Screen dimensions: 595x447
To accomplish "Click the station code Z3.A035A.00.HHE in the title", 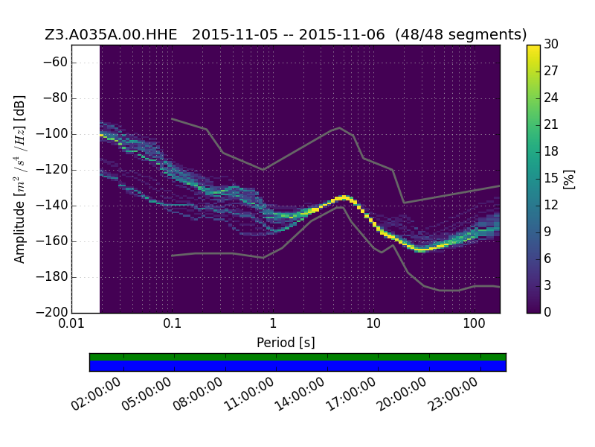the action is (x=111, y=34).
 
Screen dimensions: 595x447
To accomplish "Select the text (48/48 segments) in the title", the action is (x=460, y=34).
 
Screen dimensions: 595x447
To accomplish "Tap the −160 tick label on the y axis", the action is (x=51, y=241).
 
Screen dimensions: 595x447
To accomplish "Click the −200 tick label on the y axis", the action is (x=51, y=313).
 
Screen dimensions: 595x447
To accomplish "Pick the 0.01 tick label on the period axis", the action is (x=71, y=323).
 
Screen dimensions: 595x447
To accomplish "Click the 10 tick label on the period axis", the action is (x=373, y=323).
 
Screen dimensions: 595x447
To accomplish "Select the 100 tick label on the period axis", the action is (x=474, y=323).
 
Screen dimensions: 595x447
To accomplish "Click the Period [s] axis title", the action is (x=286, y=343).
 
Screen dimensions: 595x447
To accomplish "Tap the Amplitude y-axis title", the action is (x=20, y=179).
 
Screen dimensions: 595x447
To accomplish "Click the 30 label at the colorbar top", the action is (x=551, y=44).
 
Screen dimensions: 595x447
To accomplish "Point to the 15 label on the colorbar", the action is (x=551, y=178).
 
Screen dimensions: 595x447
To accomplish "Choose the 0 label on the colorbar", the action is (x=547, y=312).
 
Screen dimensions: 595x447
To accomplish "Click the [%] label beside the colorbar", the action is (x=569, y=179).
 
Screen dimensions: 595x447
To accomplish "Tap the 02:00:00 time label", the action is (x=97, y=394).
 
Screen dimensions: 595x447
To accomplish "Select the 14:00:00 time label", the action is (x=300, y=394).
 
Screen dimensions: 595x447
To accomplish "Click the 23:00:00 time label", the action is (x=453, y=394).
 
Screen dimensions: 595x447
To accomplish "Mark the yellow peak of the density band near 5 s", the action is (x=344, y=197).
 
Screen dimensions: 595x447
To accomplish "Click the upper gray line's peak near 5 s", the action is (x=340, y=127).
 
